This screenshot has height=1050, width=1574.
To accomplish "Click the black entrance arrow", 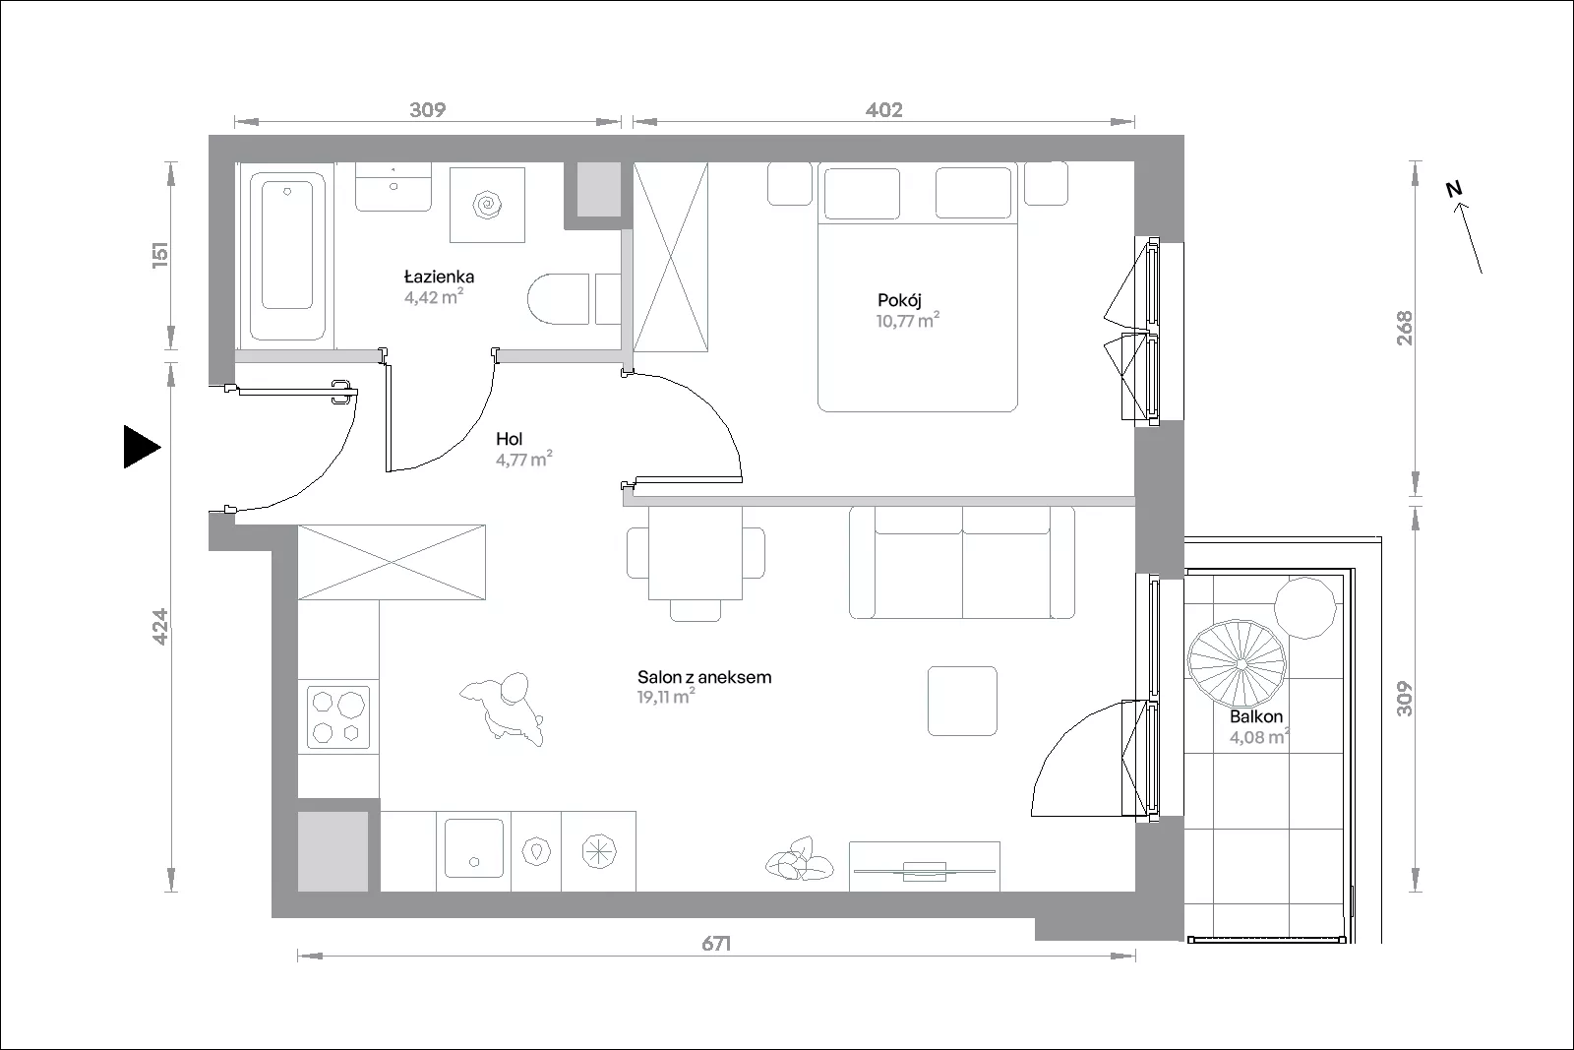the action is click(x=142, y=447).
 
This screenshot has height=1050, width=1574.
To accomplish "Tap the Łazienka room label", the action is click(x=439, y=277).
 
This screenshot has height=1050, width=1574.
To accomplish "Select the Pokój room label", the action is click(x=899, y=301).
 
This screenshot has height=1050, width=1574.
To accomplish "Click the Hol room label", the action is click(x=510, y=439).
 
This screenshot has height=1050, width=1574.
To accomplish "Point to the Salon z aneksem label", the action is click(x=704, y=677).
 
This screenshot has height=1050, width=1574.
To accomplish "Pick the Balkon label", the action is click(x=1256, y=716).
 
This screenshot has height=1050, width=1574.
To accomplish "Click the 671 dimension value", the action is click(x=716, y=943).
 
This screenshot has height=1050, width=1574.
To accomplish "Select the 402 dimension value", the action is click(x=884, y=109).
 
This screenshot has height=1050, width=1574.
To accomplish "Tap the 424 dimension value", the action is click(x=160, y=627).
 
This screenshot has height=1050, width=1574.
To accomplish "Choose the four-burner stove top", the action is click(x=338, y=716).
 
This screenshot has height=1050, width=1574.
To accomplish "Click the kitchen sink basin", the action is click(x=474, y=847).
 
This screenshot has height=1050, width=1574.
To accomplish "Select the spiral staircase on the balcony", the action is click(x=1237, y=663).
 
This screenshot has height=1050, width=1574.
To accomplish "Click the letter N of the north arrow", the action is click(x=1454, y=188).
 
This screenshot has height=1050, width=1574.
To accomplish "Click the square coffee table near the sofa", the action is click(x=962, y=701).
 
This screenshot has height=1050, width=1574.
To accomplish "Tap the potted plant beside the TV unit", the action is click(x=799, y=859).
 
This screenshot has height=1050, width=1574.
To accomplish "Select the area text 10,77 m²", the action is click(x=907, y=321).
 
